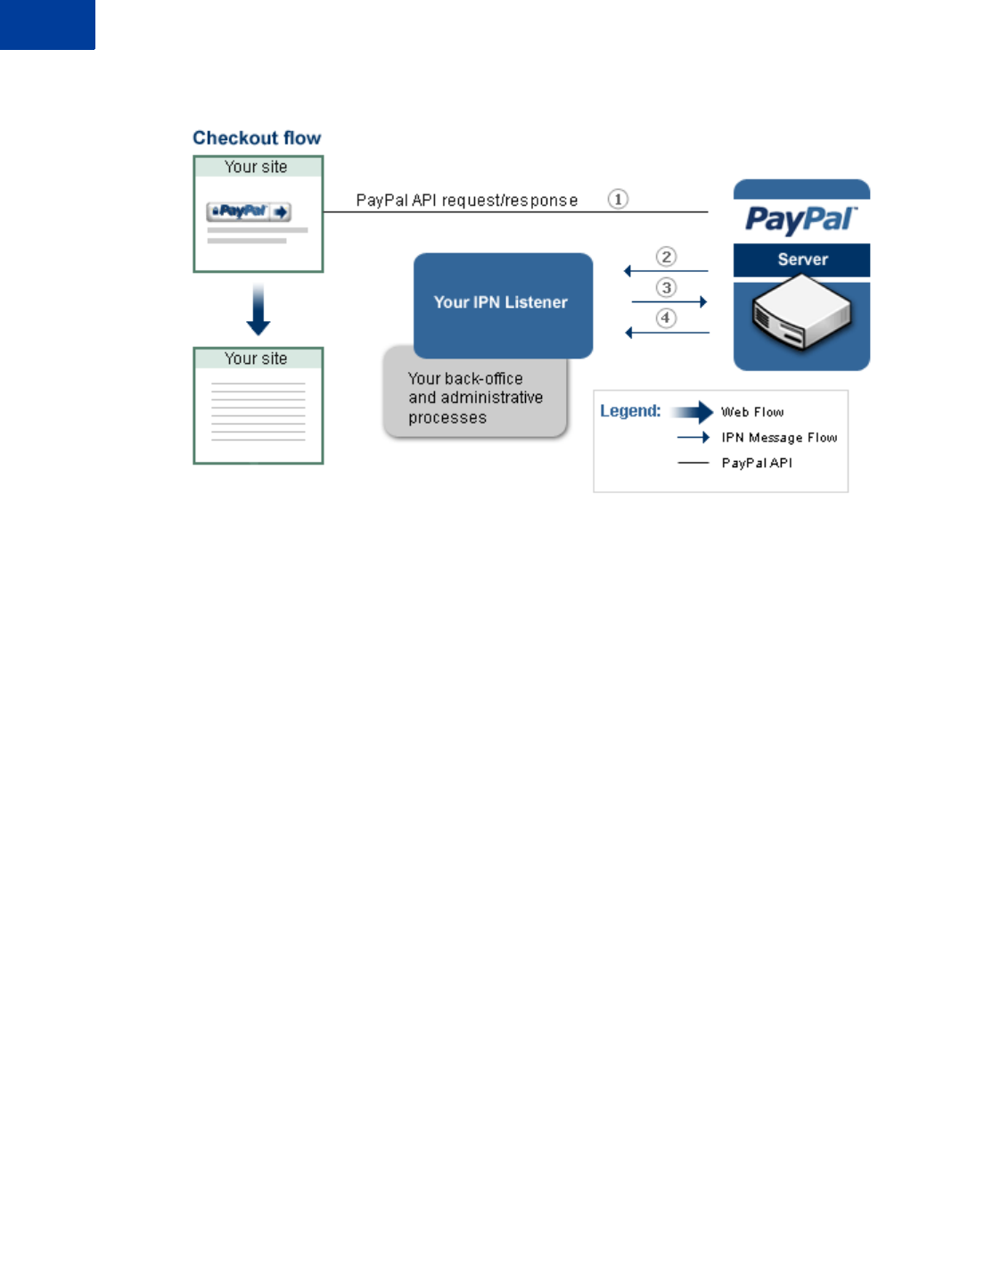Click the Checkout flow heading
pos(257,138)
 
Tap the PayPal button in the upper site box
pos(249,211)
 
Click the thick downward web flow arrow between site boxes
pos(259,309)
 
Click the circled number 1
pos(618,199)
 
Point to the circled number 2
pos(666,257)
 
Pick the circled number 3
pos(666,287)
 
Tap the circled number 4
pos(666,317)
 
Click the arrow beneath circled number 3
pos(669,302)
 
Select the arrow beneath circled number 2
pos(667,271)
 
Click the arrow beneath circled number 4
pos(668,333)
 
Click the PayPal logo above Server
pos(800,218)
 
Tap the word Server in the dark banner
pos(802,260)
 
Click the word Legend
pos(630,411)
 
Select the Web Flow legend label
pos(752,412)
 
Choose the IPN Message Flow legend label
pos(779,438)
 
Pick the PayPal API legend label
pos(757,463)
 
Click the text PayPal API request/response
pos(467,201)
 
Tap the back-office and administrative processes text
pos(475,398)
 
